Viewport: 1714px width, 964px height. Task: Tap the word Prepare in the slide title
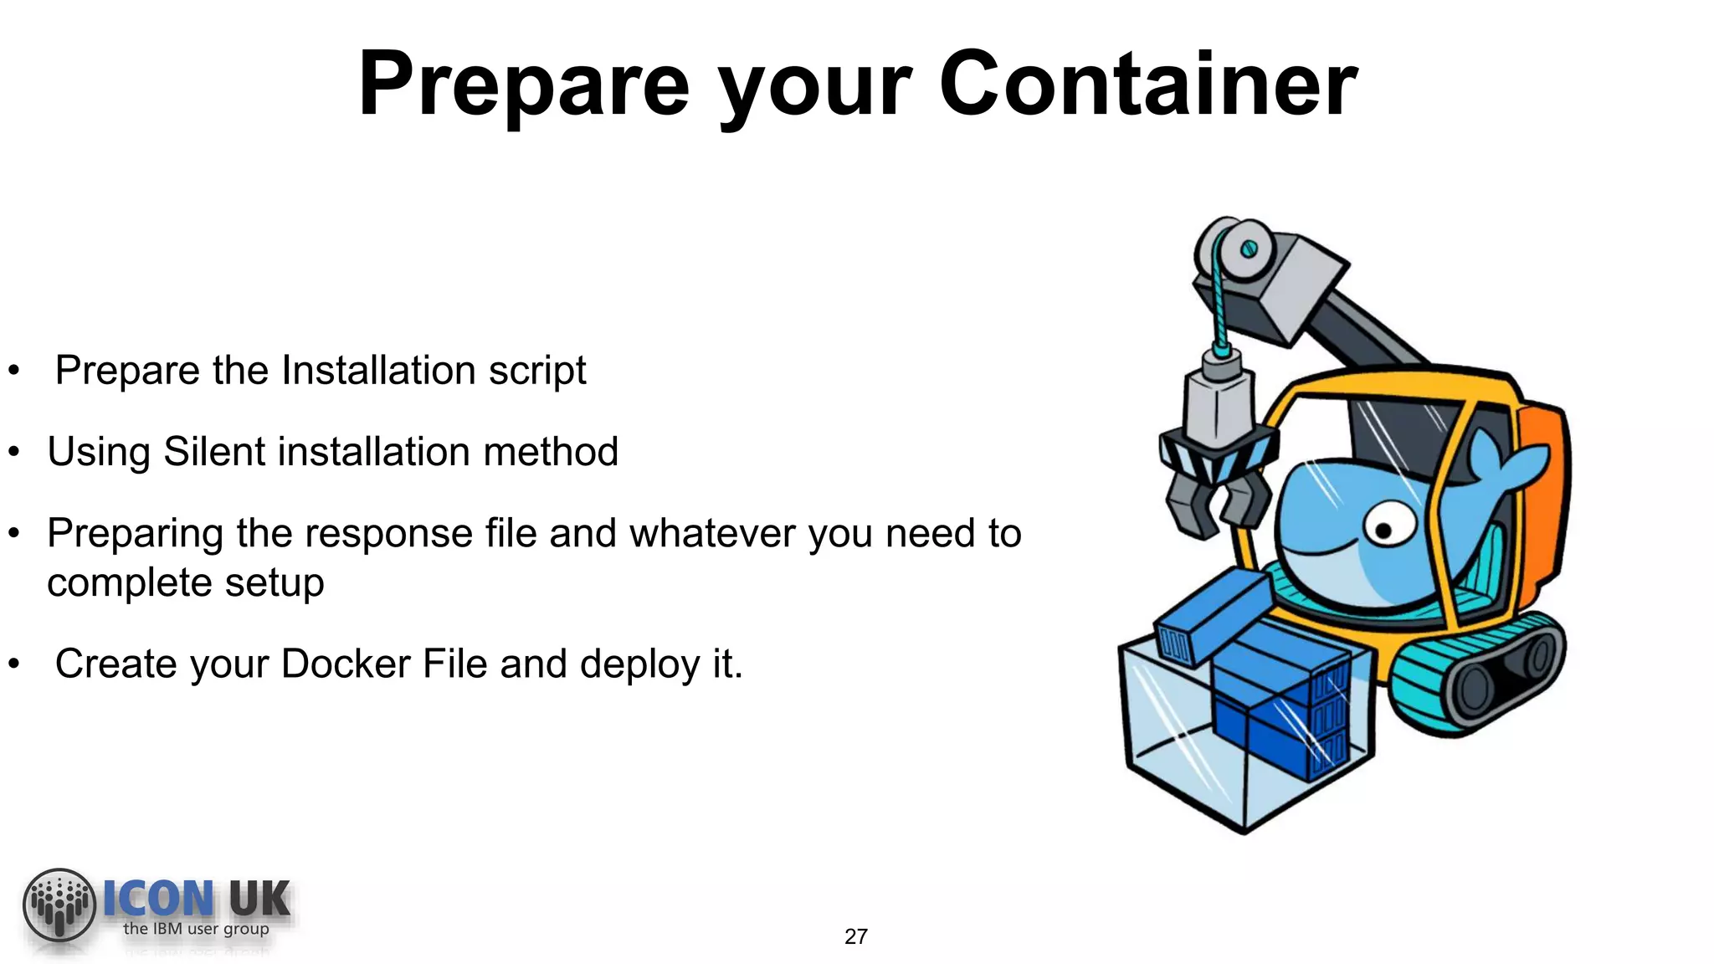pyautogui.click(x=524, y=85)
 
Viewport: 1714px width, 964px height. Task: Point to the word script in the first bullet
pyautogui.click(x=537, y=371)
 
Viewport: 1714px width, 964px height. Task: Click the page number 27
pyautogui.click(x=855, y=936)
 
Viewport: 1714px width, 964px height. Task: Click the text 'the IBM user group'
pyautogui.click(x=196, y=929)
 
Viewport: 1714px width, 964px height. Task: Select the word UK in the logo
pyautogui.click(x=259, y=900)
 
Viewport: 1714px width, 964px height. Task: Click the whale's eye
pyautogui.click(x=1385, y=529)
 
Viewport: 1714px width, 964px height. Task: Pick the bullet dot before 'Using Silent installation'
pyautogui.click(x=13, y=453)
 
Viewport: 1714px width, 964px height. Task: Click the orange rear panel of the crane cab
pyautogui.click(x=1544, y=502)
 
